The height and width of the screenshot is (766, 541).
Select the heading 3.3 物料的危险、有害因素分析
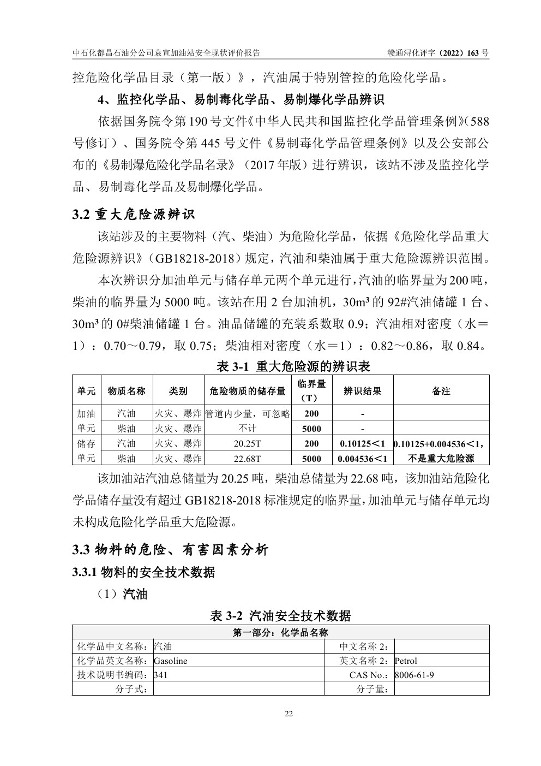click(x=171, y=550)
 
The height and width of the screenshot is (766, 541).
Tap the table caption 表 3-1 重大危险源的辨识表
click(x=293, y=366)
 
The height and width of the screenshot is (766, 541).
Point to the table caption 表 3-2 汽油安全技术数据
click(x=280, y=616)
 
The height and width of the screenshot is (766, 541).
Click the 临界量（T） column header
click(x=312, y=390)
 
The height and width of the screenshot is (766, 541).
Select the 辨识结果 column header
click(x=363, y=390)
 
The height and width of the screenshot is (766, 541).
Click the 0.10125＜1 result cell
click(x=363, y=444)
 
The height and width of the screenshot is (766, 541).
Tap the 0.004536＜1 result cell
click(x=363, y=459)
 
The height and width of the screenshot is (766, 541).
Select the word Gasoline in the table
click(x=171, y=661)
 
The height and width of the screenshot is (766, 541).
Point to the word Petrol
click(x=406, y=661)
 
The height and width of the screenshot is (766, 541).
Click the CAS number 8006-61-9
click(x=414, y=675)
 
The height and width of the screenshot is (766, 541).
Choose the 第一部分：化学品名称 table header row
click(x=280, y=633)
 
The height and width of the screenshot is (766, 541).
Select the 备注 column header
click(x=441, y=390)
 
